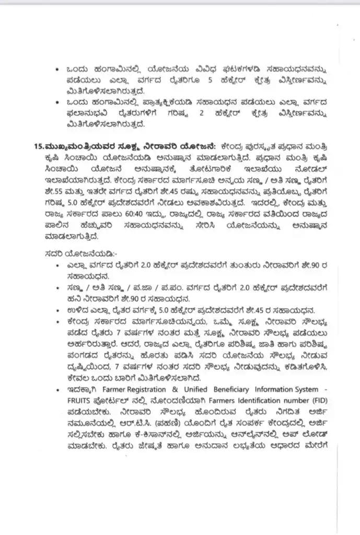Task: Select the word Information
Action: pos(274,389)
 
